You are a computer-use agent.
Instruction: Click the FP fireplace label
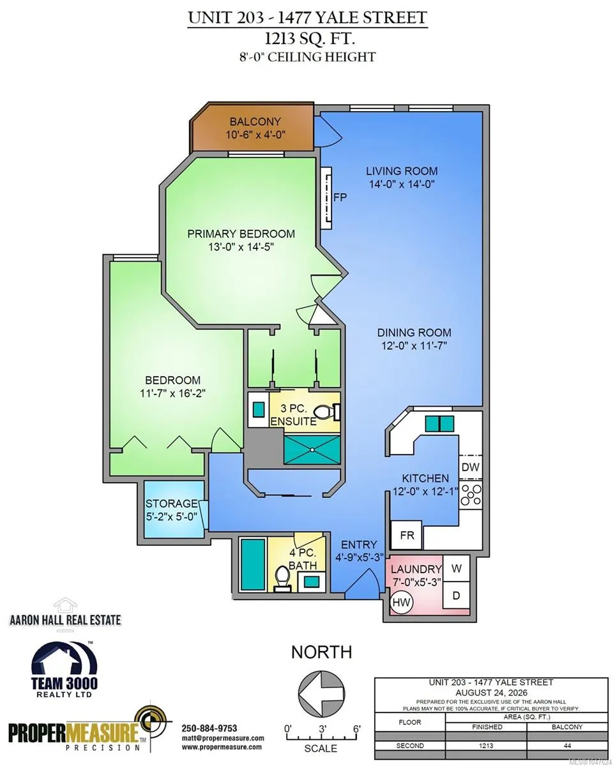tap(340, 197)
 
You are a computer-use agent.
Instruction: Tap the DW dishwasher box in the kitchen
tap(471, 467)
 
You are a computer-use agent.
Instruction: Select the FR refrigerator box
tap(407, 536)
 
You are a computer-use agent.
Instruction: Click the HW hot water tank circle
tap(402, 603)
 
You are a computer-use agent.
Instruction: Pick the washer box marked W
tap(456, 569)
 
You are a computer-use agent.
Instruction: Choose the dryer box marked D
tap(456, 596)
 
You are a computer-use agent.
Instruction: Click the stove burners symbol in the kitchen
tap(471, 495)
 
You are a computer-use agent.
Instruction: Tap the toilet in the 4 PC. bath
tap(283, 579)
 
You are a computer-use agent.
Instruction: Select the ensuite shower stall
tap(312, 449)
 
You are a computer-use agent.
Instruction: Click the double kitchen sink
tap(439, 424)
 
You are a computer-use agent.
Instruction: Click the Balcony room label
tap(255, 122)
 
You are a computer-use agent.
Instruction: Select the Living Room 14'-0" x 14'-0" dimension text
tap(402, 184)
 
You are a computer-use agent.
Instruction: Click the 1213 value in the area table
tap(486, 746)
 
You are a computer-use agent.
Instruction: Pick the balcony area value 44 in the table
tap(568, 746)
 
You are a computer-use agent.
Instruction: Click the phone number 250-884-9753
tap(209, 728)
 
